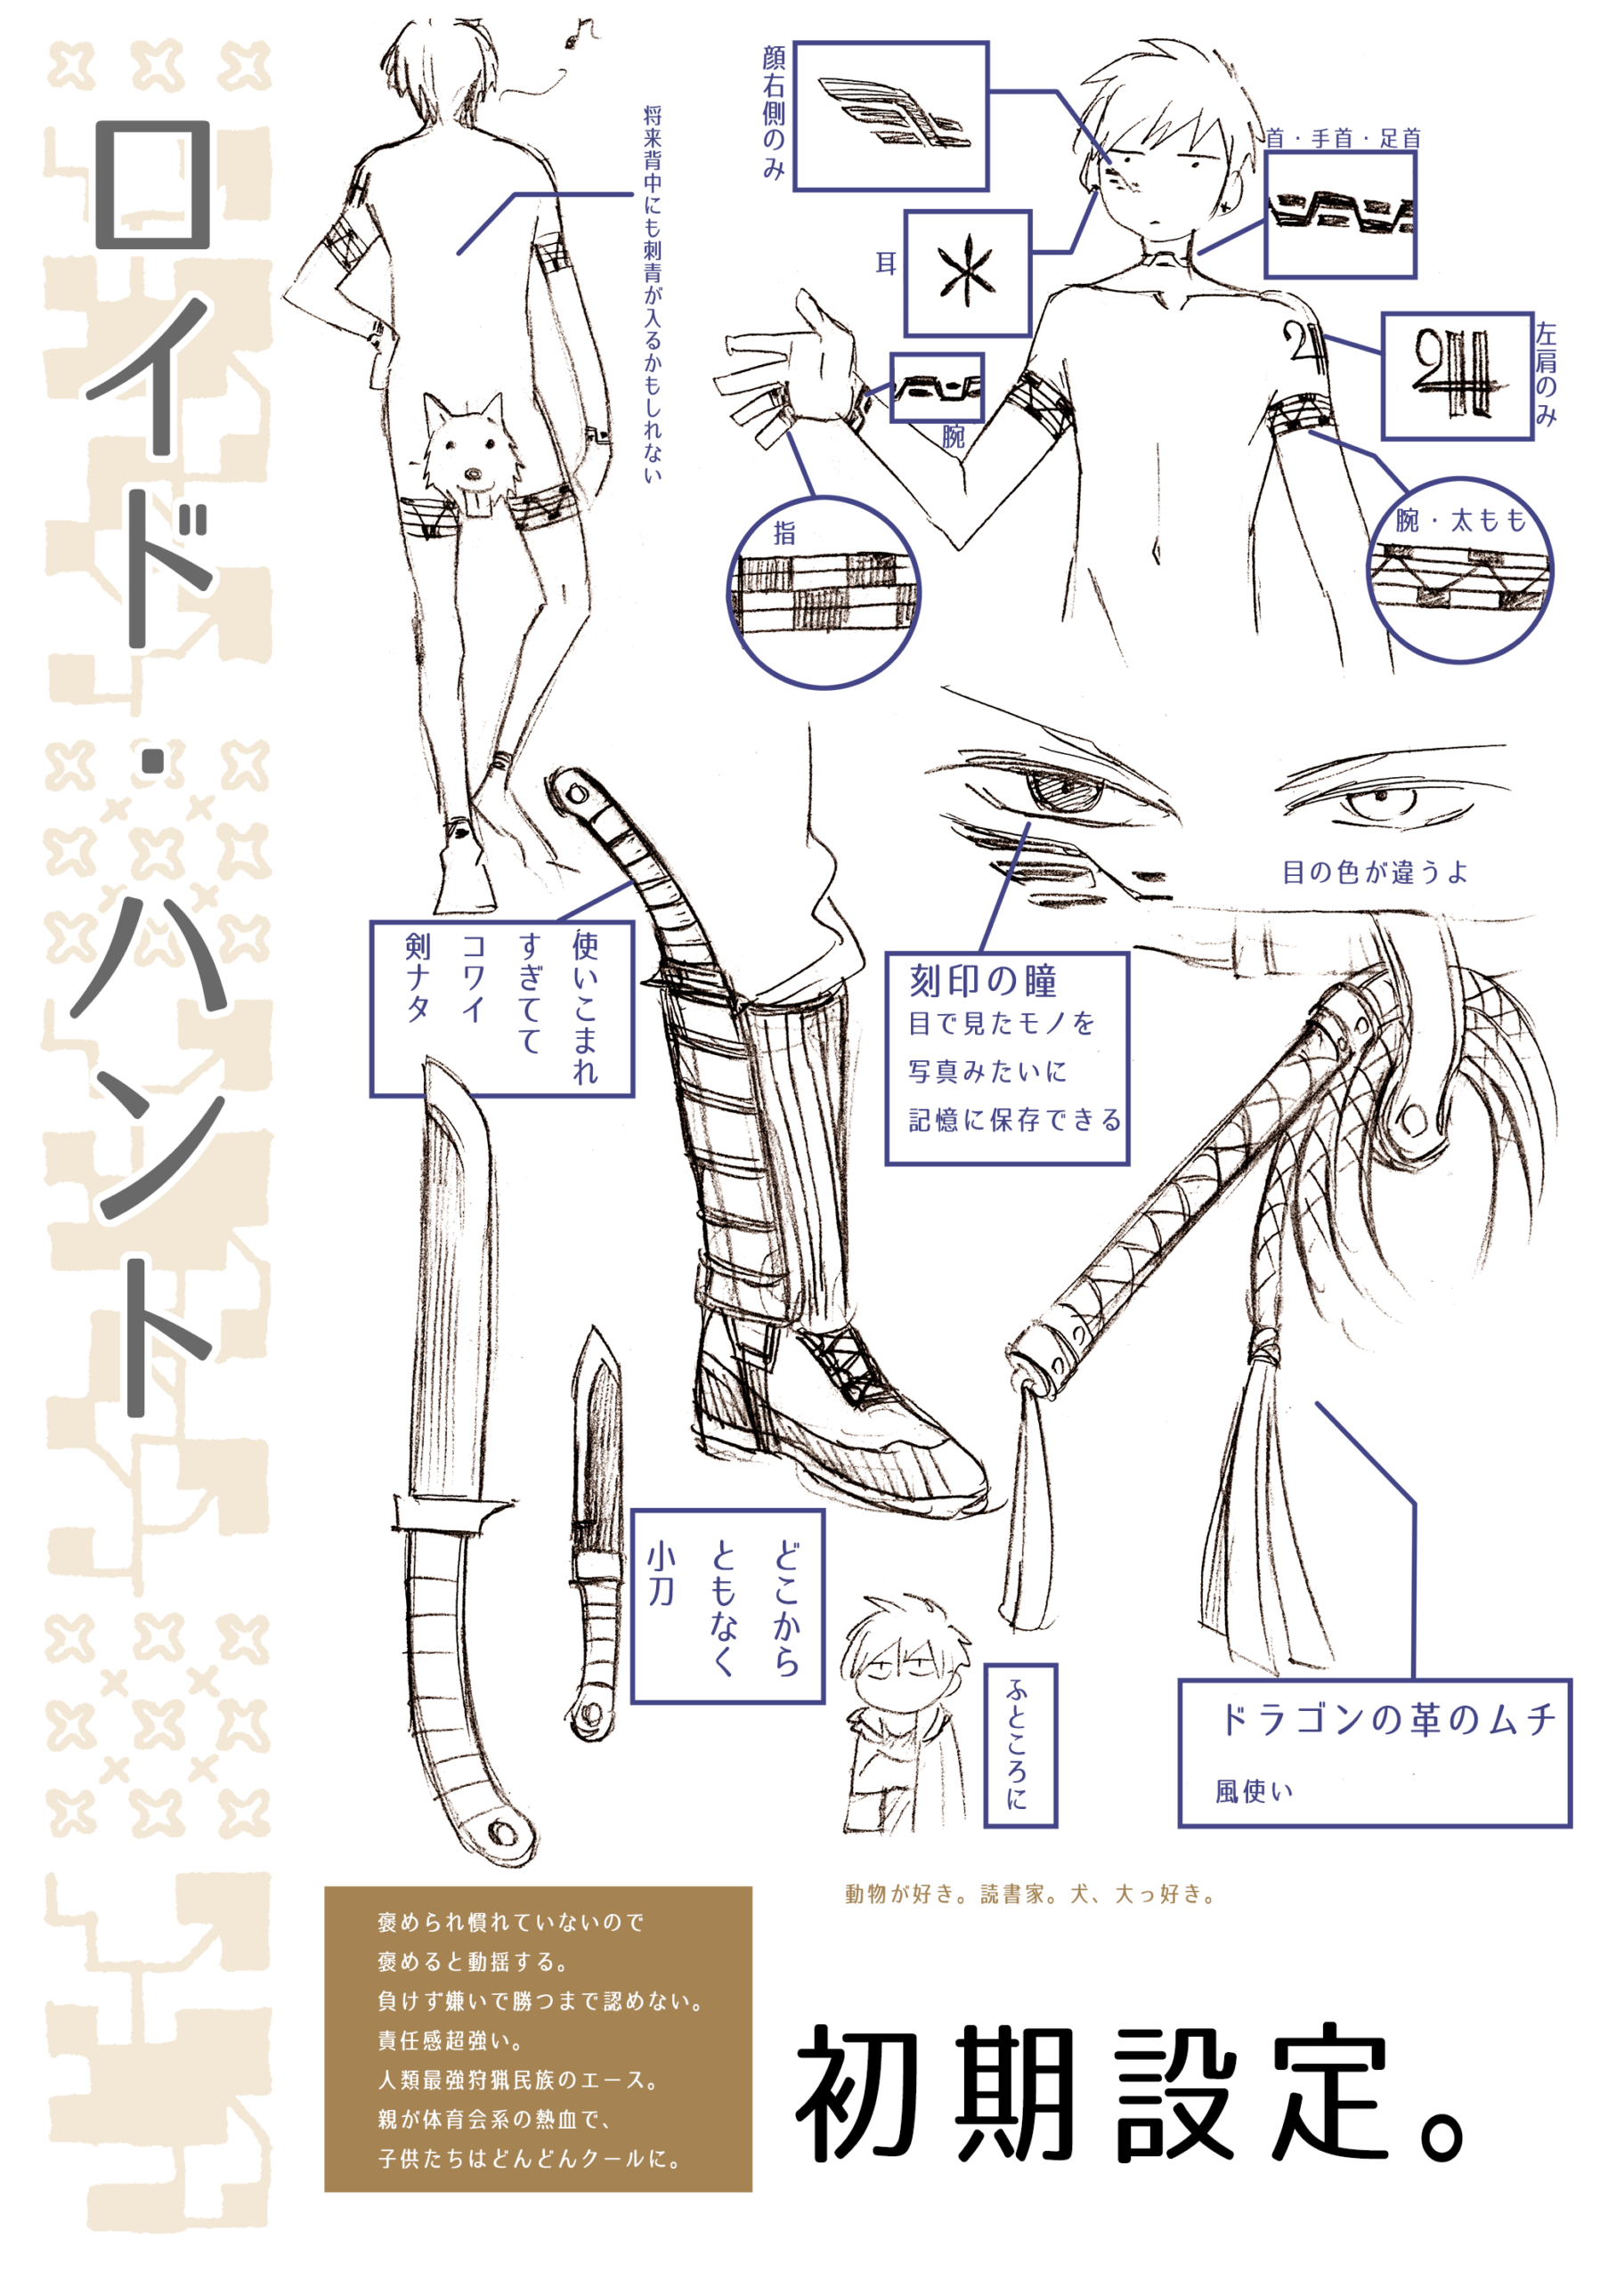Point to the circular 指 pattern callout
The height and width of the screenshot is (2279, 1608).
click(823, 593)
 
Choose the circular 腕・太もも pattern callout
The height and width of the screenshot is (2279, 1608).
click(1459, 571)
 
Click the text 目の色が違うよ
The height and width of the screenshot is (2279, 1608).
click(1375, 872)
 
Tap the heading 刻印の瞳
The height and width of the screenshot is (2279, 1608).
click(983, 981)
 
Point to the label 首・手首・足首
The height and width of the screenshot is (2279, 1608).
click(1343, 138)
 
